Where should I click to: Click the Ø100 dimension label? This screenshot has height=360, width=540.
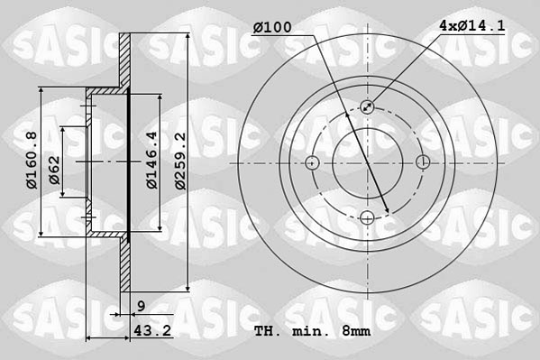click(272, 28)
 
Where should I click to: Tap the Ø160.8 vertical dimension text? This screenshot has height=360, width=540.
click(31, 161)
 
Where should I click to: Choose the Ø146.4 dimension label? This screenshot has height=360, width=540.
click(152, 161)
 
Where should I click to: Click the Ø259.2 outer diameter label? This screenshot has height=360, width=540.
click(180, 161)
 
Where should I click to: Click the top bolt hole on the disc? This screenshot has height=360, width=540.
click(368, 107)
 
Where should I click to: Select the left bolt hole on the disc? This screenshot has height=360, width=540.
click(313, 162)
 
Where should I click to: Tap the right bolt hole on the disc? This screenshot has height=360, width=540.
click(423, 162)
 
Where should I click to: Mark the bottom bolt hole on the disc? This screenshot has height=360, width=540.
click(368, 217)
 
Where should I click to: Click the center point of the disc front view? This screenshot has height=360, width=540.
click(368, 162)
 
